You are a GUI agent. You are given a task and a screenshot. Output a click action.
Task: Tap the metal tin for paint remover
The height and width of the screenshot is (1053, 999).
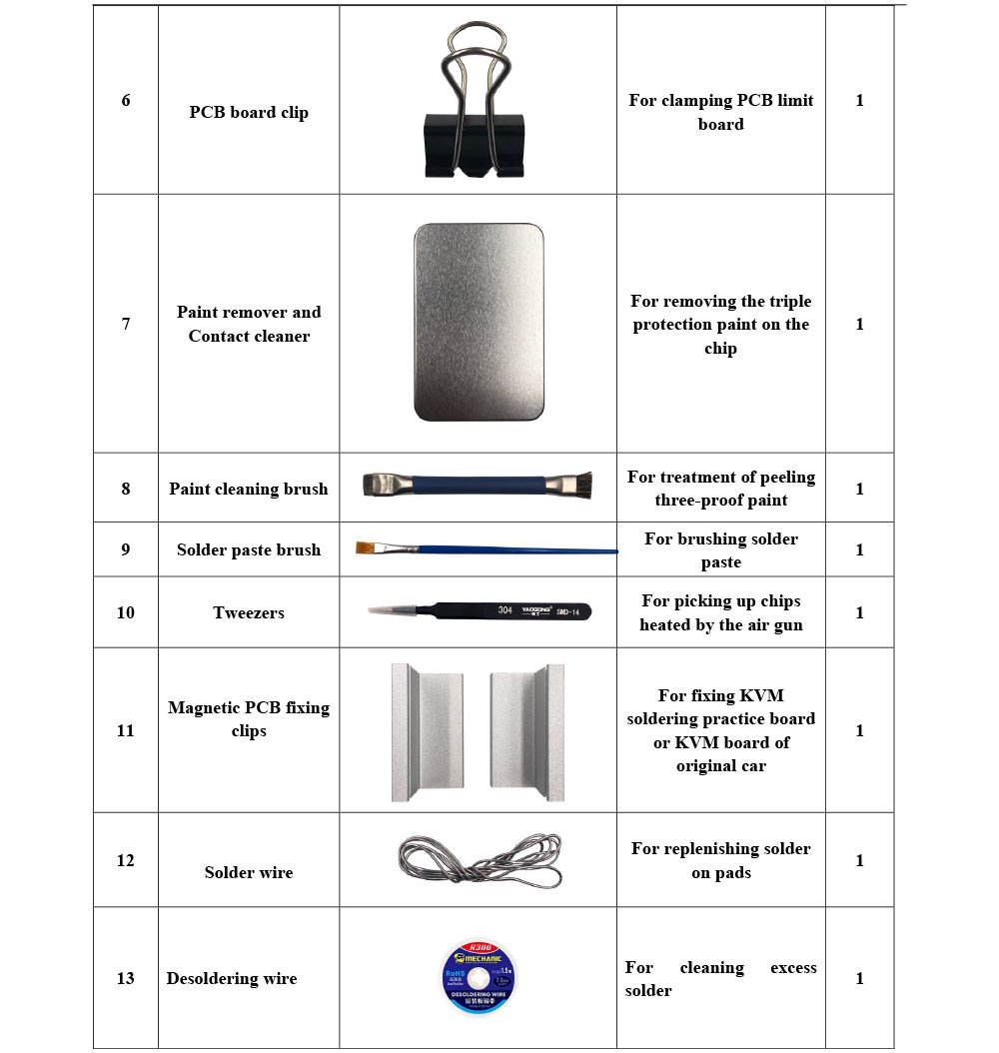click(x=479, y=322)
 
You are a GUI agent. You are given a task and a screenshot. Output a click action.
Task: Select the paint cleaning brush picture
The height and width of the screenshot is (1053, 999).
click(x=477, y=487)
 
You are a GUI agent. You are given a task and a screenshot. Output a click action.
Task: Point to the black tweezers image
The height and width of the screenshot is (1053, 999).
click(x=479, y=610)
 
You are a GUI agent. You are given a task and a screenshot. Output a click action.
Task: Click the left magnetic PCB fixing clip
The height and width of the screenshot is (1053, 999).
click(x=427, y=731)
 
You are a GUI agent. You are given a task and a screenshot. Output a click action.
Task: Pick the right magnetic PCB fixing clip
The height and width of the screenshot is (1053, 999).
click(x=526, y=731)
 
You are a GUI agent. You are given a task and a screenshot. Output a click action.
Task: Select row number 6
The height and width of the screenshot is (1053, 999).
click(x=126, y=100)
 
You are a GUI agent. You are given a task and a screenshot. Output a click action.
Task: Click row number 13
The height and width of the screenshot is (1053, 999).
click(x=125, y=978)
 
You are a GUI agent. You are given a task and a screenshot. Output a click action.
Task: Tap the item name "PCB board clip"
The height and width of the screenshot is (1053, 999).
click(x=249, y=112)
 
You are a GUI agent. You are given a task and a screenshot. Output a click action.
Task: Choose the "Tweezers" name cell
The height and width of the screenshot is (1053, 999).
click(x=249, y=612)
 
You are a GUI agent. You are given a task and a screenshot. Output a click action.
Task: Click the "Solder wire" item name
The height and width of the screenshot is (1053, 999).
click(x=249, y=872)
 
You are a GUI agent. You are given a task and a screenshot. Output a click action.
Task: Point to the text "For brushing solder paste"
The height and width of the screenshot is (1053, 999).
click(x=721, y=550)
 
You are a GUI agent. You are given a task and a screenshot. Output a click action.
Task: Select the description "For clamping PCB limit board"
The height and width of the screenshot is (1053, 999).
click(x=721, y=112)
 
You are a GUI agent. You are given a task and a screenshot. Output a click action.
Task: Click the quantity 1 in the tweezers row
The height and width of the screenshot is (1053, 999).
click(x=860, y=612)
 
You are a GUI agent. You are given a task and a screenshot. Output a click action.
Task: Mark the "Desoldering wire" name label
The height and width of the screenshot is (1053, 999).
click(x=232, y=978)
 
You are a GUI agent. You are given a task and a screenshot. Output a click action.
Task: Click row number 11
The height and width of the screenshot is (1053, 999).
click(x=125, y=730)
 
